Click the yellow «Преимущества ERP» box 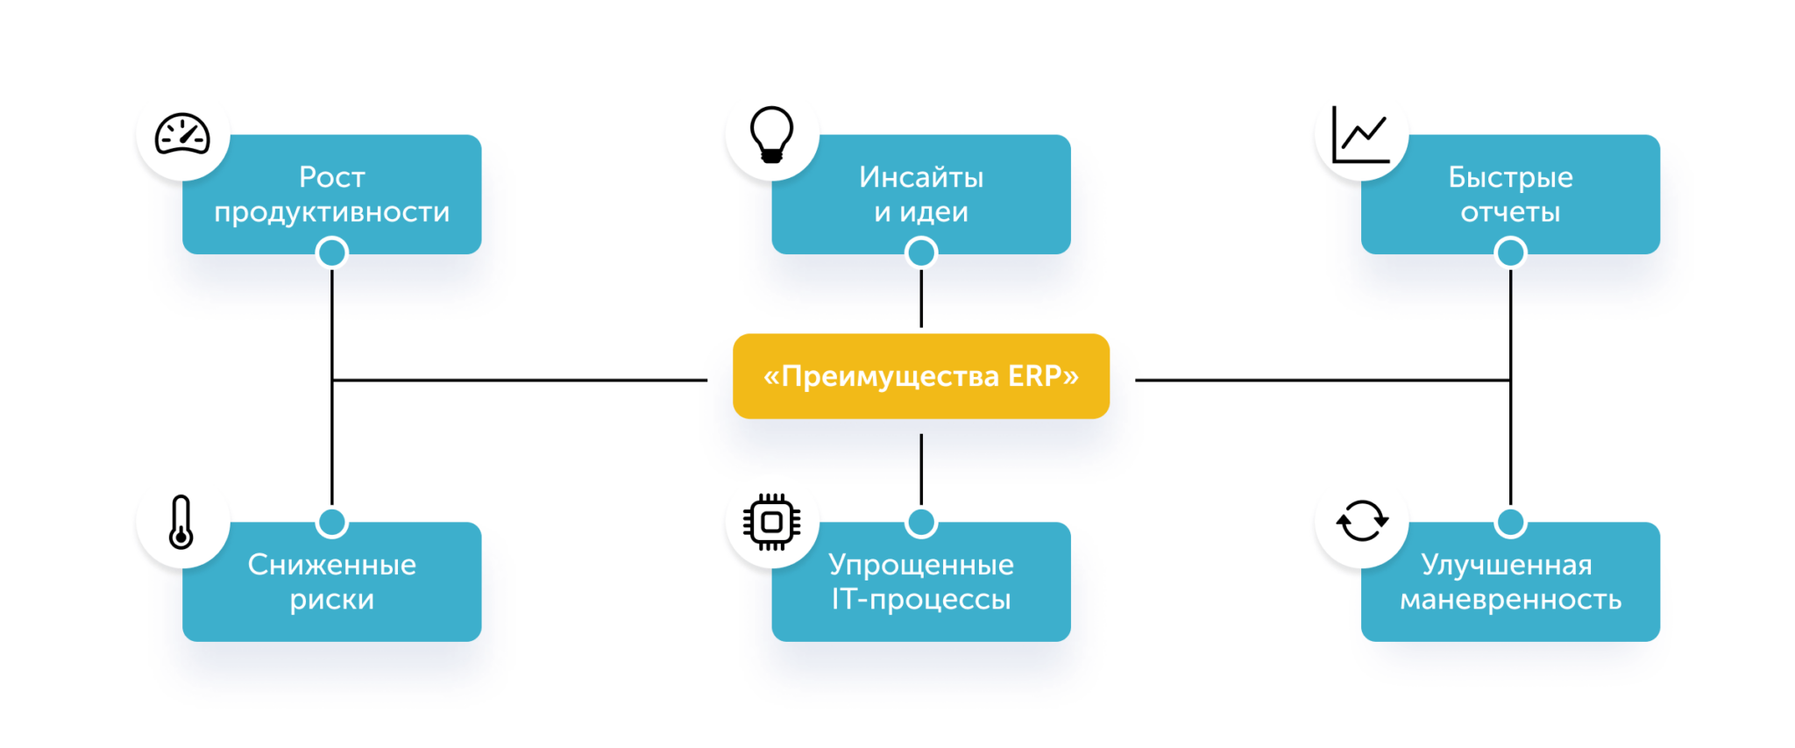coord(920,375)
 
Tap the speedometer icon coord(182,135)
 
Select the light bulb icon coord(771,135)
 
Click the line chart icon coord(1360,135)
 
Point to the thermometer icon coord(181,523)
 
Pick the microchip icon coord(771,523)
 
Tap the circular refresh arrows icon coord(1361,522)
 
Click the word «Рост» coord(331,177)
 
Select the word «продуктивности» coord(331,212)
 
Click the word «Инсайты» coord(920,177)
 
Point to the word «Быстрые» coord(1510,177)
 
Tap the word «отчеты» coord(1510,212)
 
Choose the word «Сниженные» coord(331,565)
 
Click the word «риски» coord(331,600)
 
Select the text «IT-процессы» coord(920,600)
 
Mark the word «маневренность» coord(1510,600)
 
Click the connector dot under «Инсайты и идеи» coord(921,253)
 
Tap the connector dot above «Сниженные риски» coord(332,523)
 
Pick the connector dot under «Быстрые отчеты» coord(1510,253)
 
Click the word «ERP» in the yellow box coord(1034,376)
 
